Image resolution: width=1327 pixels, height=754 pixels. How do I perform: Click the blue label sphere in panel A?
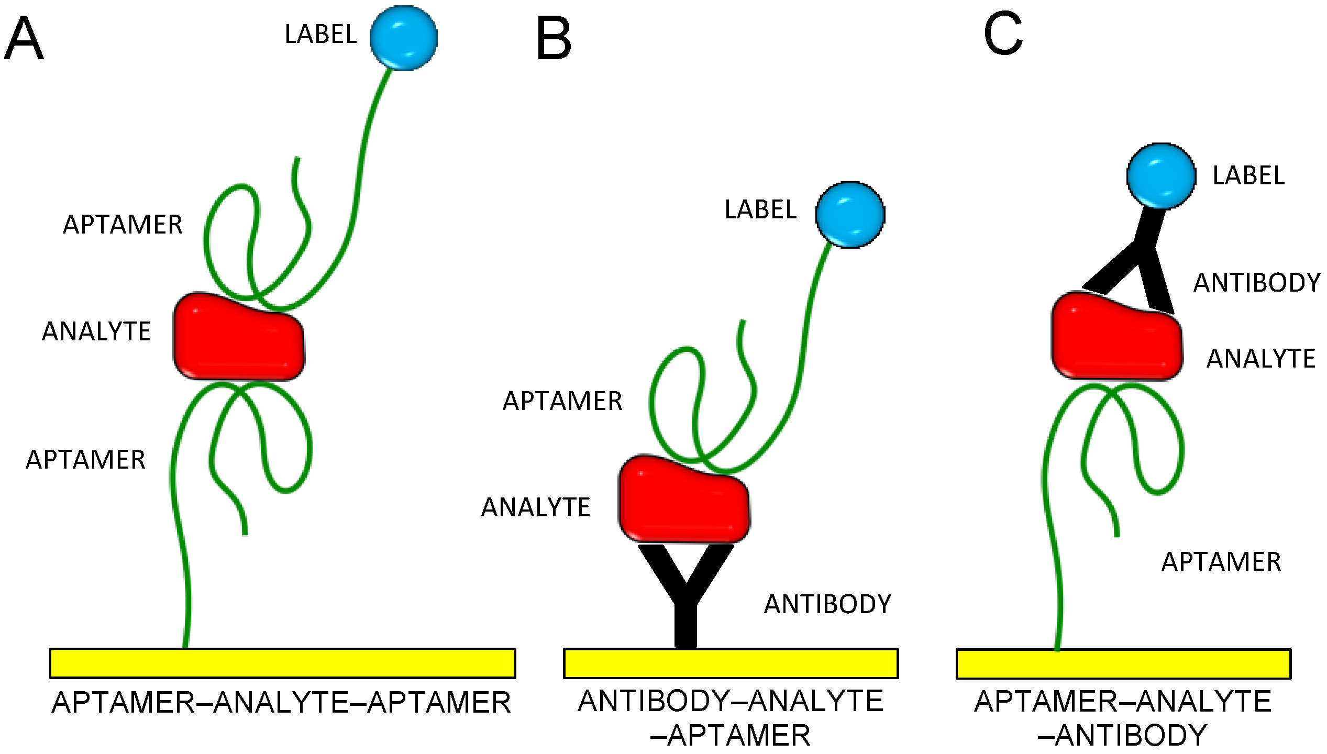(403, 38)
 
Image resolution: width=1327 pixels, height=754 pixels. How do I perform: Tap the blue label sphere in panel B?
(850, 215)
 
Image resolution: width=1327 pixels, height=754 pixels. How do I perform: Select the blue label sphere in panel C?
(1161, 176)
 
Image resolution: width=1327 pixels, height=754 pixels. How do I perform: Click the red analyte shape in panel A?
(238, 338)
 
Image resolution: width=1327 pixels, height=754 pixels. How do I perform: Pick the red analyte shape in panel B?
(683, 500)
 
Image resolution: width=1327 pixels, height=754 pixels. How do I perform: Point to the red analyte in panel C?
(1116, 338)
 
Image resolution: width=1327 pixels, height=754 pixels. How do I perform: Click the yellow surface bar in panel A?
(283, 663)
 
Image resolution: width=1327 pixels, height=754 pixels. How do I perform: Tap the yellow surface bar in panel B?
(731, 663)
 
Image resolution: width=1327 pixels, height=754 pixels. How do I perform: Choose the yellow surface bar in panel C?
(1123, 664)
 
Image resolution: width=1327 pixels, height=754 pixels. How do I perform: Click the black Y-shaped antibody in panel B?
(685, 597)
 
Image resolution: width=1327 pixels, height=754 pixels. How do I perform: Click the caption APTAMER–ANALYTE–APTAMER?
(281, 703)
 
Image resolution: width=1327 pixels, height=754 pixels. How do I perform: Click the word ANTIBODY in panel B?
(827, 604)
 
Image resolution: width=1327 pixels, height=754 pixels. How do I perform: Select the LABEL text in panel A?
(320, 35)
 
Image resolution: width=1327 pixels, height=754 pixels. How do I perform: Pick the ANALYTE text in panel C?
(1261, 359)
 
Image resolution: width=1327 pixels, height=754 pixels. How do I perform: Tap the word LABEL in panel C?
(1248, 176)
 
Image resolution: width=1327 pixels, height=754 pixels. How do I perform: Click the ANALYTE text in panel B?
(536, 507)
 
